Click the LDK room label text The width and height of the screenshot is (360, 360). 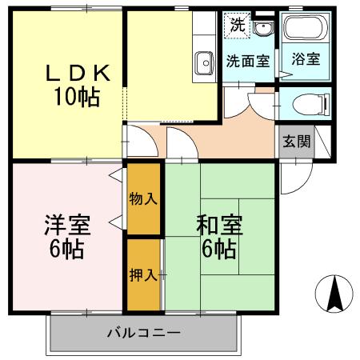(x=78, y=73)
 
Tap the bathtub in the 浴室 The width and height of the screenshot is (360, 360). (x=306, y=28)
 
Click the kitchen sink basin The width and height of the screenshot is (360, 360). (x=205, y=63)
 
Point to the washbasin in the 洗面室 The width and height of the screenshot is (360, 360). (x=263, y=28)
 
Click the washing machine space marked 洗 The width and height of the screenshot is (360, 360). (x=237, y=25)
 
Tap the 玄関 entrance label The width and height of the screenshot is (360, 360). (x=297, y=141)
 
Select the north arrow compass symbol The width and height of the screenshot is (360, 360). (x=334, y=294)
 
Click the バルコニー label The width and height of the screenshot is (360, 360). (x=144, y=333)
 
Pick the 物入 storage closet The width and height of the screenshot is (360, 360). (x=143, y=199)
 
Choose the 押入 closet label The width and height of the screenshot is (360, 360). (x=143, y=274)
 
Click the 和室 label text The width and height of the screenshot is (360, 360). (x=219, y=225)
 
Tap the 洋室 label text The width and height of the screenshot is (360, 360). (x=67, y=225)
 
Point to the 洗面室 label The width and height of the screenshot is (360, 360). (x=248, y=61)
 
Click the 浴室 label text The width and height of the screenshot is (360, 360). (x=306, y=59)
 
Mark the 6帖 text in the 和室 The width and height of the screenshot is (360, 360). (x=219, y=250)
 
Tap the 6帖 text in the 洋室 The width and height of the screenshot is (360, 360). (x=67, y=250)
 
